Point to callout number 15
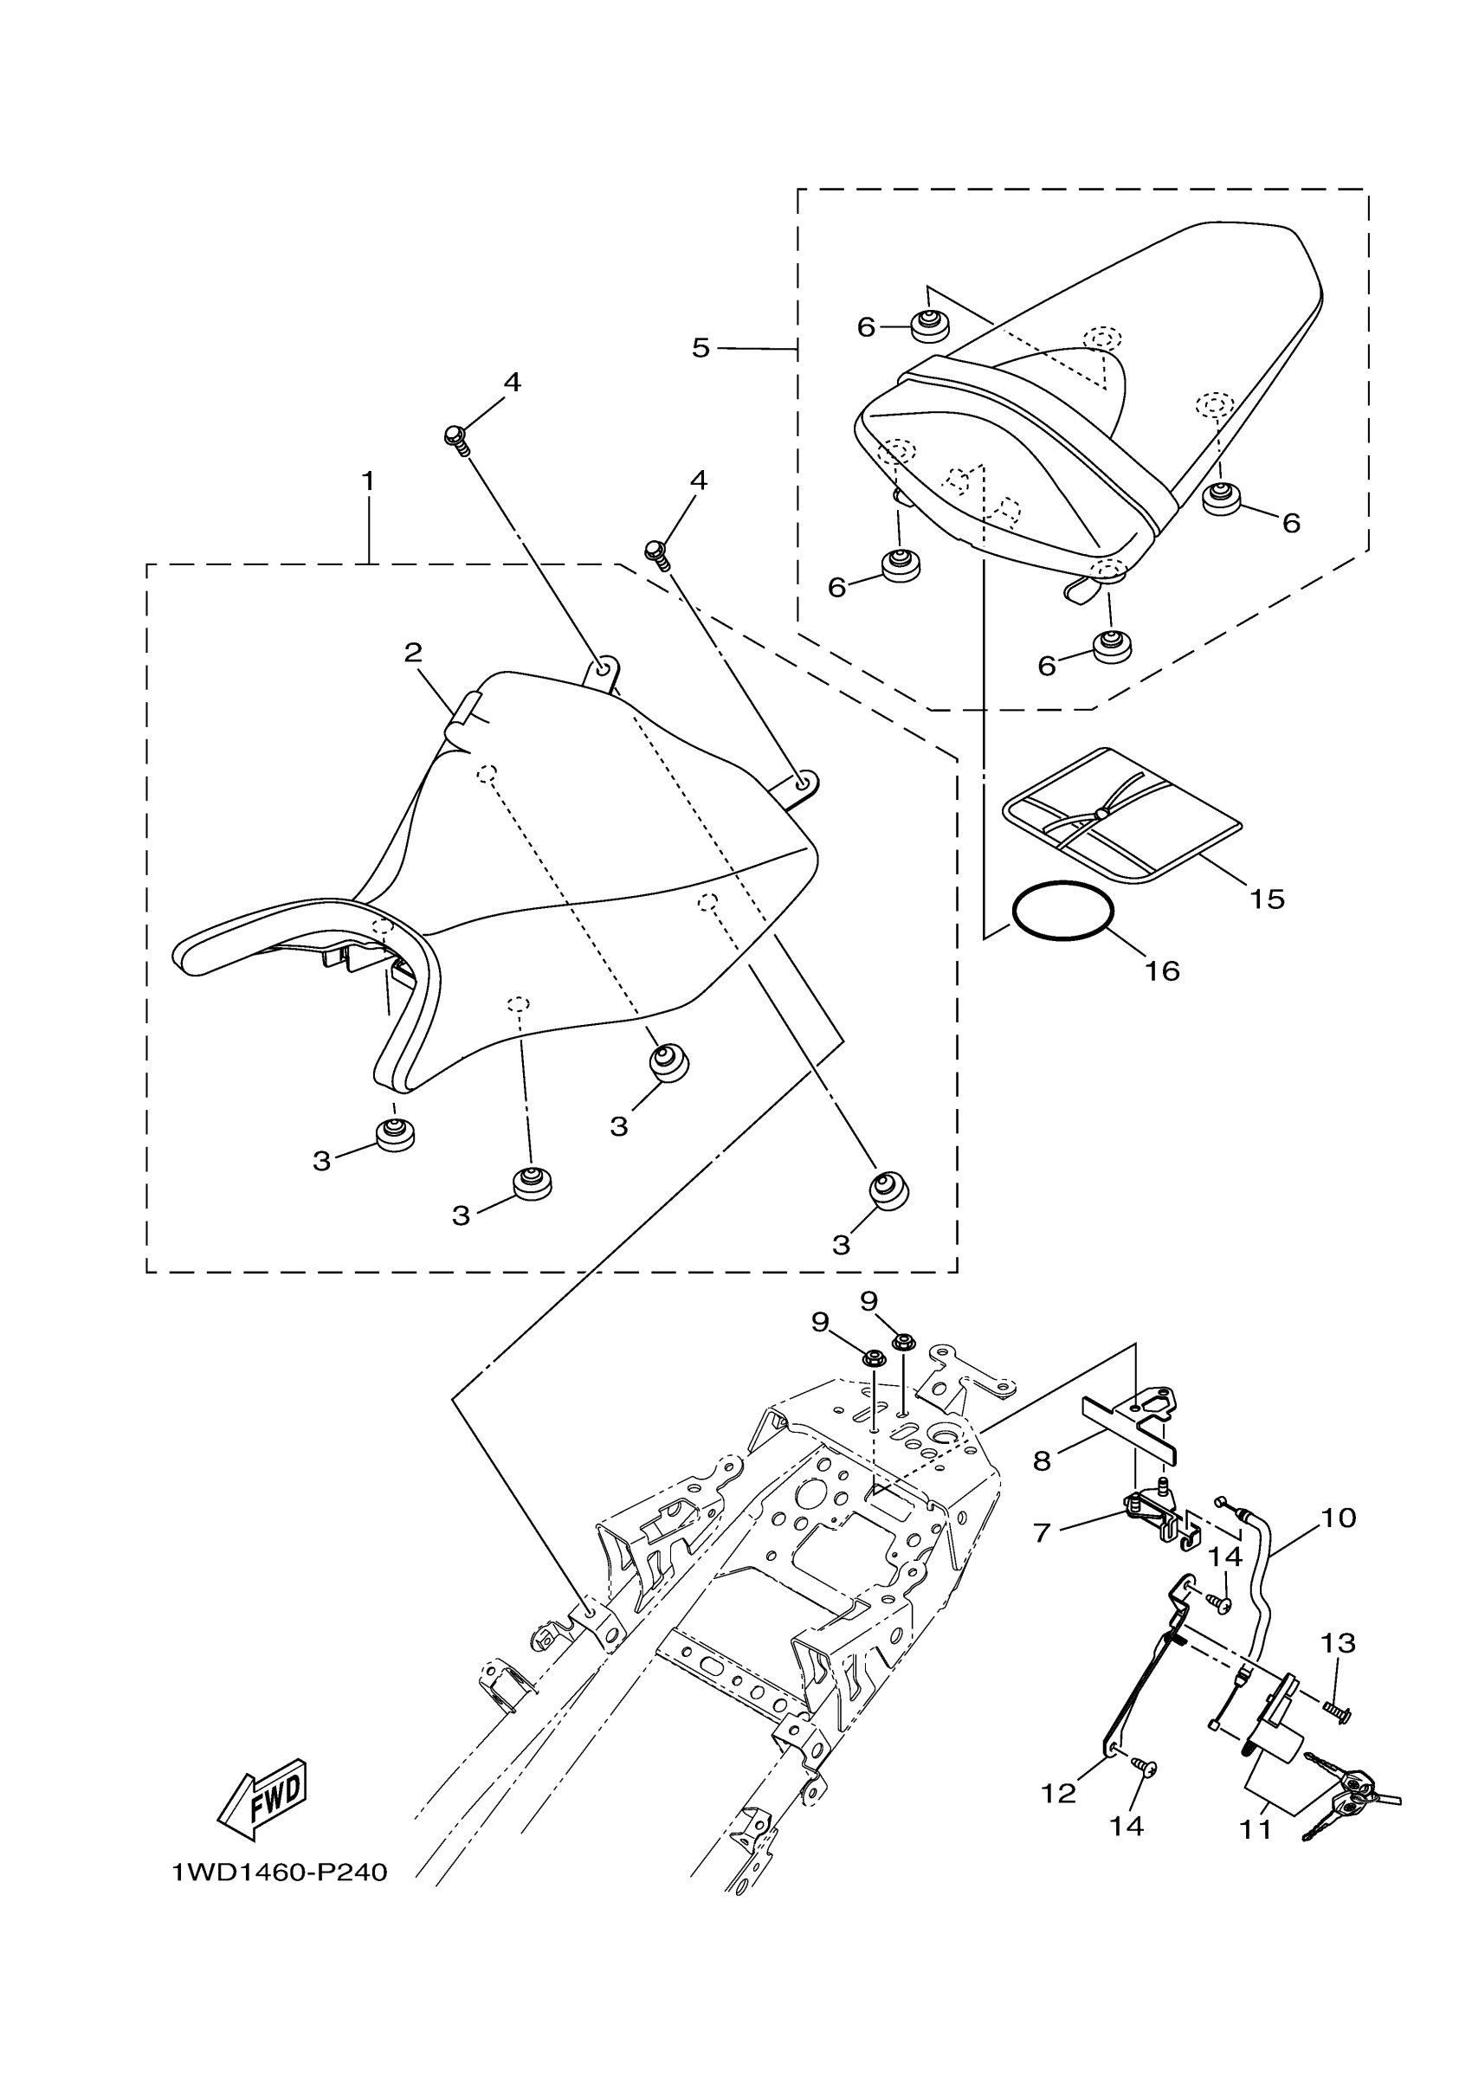(x=1267, y=899)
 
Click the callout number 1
(x=368, y=481)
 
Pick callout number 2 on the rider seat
(x=414, y=652)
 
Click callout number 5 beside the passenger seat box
(x=700, y=347)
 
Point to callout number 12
(x=1057, y=1793)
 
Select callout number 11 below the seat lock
(x=1256, y=1830)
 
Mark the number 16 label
(x=1162, y=971)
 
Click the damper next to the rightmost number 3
(x=888, y=1189)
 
